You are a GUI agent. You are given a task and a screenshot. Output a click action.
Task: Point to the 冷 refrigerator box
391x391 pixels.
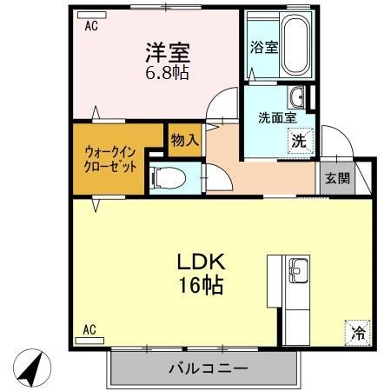coord(358,331)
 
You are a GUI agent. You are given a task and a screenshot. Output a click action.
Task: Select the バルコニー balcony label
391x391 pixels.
coord(208,368)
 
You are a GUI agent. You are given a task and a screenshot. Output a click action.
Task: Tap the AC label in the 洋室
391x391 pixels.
coord(90,26)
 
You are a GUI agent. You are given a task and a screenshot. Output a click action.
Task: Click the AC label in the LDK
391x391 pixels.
coord(89,329)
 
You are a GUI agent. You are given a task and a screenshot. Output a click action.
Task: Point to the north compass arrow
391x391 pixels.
coord(31,369)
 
